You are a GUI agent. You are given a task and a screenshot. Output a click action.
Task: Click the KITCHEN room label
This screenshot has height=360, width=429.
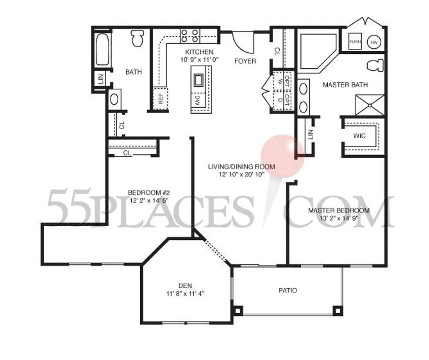(199, 52)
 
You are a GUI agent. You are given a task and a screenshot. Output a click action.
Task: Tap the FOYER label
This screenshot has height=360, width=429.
(245, 61)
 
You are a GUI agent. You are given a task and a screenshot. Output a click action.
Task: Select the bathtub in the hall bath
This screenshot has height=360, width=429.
(103, 49)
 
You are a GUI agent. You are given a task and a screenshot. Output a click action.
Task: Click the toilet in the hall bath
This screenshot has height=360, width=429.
(138, 38)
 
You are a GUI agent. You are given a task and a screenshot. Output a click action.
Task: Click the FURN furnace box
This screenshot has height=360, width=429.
(355, 41)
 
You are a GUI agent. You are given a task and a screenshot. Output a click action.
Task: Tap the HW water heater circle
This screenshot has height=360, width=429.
(374, 42)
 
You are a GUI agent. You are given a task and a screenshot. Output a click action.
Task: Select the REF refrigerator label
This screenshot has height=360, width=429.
(161, 99)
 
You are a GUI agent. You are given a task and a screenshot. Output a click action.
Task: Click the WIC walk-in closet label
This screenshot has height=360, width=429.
(359, 136)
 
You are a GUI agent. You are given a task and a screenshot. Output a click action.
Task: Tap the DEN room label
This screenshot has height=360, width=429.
(185, 286)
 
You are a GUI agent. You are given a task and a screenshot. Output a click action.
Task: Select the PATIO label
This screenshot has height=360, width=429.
(288, 290)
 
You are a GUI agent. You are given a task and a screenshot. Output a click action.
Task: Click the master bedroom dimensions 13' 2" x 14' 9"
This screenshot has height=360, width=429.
(339, 218)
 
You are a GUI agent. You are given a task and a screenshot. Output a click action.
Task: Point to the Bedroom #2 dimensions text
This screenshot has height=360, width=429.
(149, 200)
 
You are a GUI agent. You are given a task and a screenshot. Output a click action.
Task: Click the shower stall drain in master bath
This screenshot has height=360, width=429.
(370, 105)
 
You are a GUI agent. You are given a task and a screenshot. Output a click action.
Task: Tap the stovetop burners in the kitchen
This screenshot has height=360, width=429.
(190, 36)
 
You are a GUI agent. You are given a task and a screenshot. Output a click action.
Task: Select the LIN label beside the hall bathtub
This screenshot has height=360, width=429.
(101, 79)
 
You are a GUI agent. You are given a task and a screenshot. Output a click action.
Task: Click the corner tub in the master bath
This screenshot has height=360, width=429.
(317, 51)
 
